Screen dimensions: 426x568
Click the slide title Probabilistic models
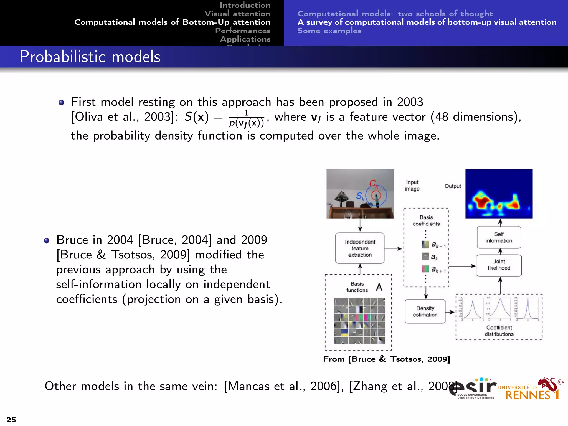pos(90,57)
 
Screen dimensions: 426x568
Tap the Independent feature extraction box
pos(360,248)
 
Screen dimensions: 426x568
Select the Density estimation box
pos(425,311)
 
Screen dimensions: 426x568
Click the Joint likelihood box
pos(499,265)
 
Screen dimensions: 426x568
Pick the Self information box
pos(499,237)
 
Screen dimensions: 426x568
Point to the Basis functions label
pos(357,287)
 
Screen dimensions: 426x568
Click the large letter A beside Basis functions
pos(379,287)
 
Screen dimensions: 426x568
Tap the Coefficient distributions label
pos(499,331)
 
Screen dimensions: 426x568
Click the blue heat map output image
pos(499,194)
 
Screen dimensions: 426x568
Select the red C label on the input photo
pos(373,183)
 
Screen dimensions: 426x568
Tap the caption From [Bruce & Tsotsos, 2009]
pos(386,359)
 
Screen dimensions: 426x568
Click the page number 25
pos(11,419)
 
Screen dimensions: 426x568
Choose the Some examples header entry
pos(329,31)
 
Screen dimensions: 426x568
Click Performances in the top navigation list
pos(243,31)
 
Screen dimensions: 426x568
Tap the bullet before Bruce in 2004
pos(47,240)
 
